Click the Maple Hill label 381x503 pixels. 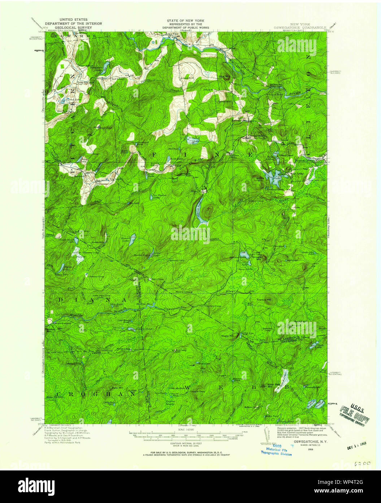tap(227, 335)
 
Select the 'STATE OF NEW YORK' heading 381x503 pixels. tap(185, 21)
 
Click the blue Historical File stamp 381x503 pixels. tap(276, 451)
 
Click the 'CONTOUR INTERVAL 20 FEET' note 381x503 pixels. tap(185, 443)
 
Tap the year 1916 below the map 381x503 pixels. tap(311, 449)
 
